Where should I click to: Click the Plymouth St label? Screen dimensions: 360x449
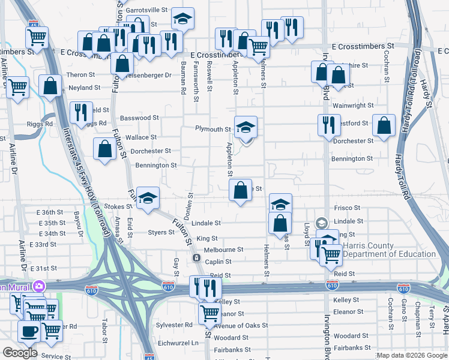point(212,129)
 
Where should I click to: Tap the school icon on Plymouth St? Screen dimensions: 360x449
point(246,127)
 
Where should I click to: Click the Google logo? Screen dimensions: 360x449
point(20,353)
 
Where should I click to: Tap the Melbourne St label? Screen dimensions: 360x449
point(223,250)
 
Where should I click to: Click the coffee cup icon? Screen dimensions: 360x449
point(29,331)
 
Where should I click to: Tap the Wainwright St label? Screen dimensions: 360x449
point(353,106)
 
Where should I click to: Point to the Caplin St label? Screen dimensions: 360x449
point(217,262)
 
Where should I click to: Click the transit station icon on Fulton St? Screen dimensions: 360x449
point(196,258)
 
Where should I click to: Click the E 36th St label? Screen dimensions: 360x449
point(50,212)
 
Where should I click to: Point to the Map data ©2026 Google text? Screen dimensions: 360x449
point(411,355)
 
